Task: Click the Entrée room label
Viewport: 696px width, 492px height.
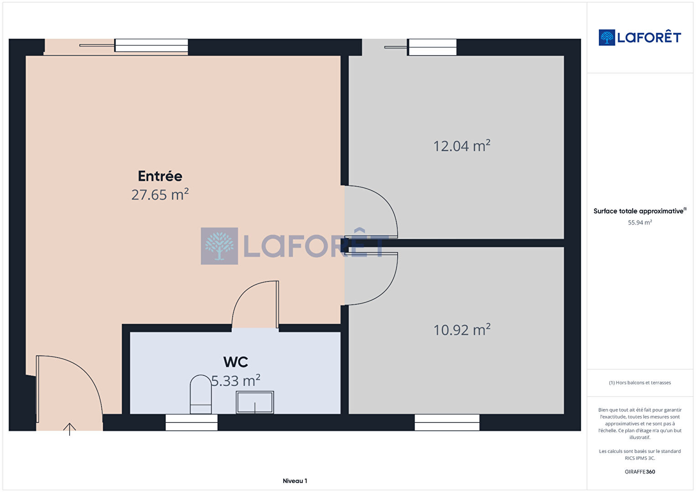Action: click(160, 176)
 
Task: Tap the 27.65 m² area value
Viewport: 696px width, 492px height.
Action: click(160, 194)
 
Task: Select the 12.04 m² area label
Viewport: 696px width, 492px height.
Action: click(462, 145)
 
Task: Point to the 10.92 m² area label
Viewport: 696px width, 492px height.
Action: click(462, 330)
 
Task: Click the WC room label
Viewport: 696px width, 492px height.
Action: click(236, 362)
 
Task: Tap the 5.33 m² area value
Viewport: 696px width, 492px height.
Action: click(236, 380)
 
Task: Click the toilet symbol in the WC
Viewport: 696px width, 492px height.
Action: click(201, 394)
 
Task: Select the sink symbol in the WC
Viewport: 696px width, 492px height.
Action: click(255, 402)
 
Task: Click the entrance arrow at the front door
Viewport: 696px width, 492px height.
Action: click(70, 429)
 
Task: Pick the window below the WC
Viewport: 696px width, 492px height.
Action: click(192, 422)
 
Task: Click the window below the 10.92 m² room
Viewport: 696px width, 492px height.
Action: click(447, 422)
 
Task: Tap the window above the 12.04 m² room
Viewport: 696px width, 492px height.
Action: click(432, 47)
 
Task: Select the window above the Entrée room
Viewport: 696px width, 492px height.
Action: click(151, 45)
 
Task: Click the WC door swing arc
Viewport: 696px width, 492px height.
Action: click(245, 291)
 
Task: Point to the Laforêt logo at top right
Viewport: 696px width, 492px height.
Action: click(640, 37)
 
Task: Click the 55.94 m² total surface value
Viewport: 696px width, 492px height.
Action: click(640, 223)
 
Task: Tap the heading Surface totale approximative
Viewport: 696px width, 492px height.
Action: click(639, 211)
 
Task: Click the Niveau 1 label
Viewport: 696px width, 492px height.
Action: click(295, 481)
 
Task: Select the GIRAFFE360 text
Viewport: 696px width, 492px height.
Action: click(640, 471)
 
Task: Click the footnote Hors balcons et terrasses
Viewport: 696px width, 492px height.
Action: click(640, 383)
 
